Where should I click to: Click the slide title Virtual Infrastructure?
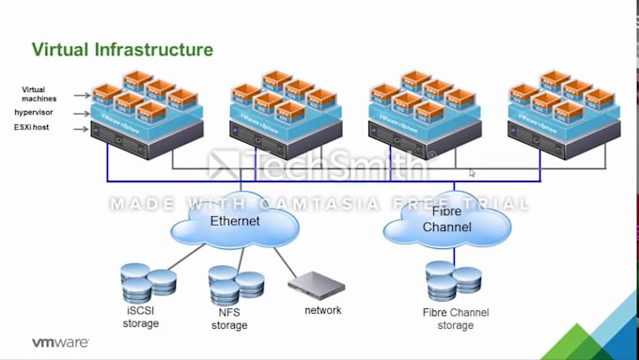[122, 49]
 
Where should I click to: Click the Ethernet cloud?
[234, 222]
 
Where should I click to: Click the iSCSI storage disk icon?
[148, 282]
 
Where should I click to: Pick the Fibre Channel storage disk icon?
[453, 280]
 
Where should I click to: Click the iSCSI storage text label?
[141, 318]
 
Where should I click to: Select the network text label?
[323, 310]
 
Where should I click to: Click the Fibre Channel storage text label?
[456, 319]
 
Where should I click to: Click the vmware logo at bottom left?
[60, 343]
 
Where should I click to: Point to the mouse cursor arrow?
[472, 172]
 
